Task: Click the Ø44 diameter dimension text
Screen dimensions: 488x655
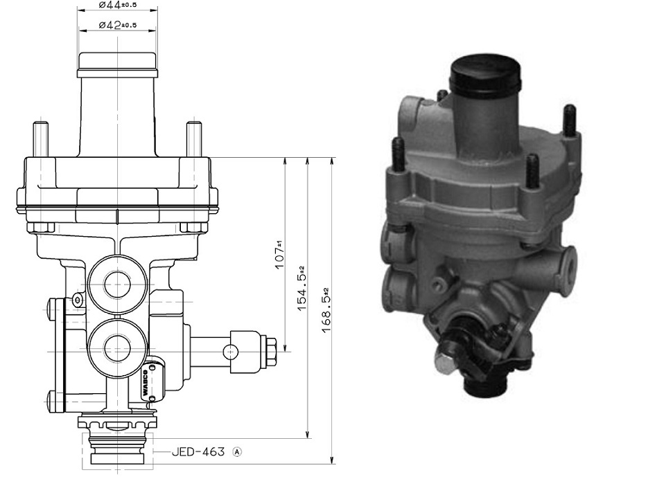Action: (x=117, y=6)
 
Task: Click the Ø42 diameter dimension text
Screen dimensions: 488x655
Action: (x=117, y=26)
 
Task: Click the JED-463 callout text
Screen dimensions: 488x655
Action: (x=198, y=452)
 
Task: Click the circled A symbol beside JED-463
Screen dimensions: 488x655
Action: (x=238, y=452)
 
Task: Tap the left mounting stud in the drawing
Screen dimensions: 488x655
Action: (x=40, y=139)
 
